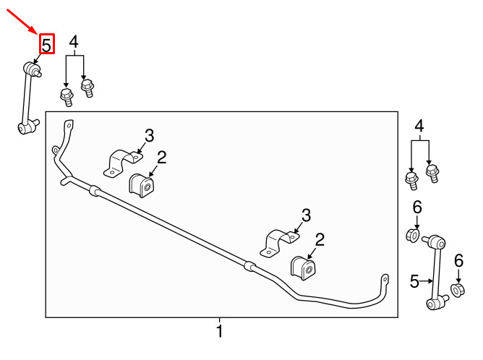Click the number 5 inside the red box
click(46, 44)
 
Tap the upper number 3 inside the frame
click(150, 135)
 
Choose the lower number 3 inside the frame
click(306, 215)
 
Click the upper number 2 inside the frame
click(162, 157)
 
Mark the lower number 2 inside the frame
click(320, 239)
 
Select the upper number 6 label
click(417, 209)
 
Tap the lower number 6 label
click(458, 261)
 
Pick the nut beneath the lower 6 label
click(457, 291)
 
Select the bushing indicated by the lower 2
click(303, 269)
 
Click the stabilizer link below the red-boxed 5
click(28, 98)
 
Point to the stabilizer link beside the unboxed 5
click(435, 271)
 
